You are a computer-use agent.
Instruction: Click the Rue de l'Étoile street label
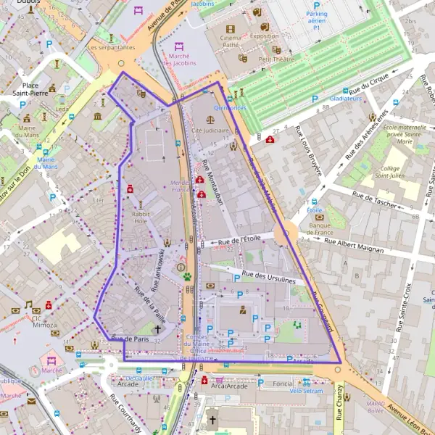click(239, 239)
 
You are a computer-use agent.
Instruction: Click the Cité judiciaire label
click(211, 130)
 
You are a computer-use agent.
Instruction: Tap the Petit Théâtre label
click(275, 59)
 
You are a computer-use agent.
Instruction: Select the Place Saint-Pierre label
click(30, 88)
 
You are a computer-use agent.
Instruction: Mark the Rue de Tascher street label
click(374, 199)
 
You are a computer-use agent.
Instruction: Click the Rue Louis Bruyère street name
click(307, 151)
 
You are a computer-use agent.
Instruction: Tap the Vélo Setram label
click(306, 390)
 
